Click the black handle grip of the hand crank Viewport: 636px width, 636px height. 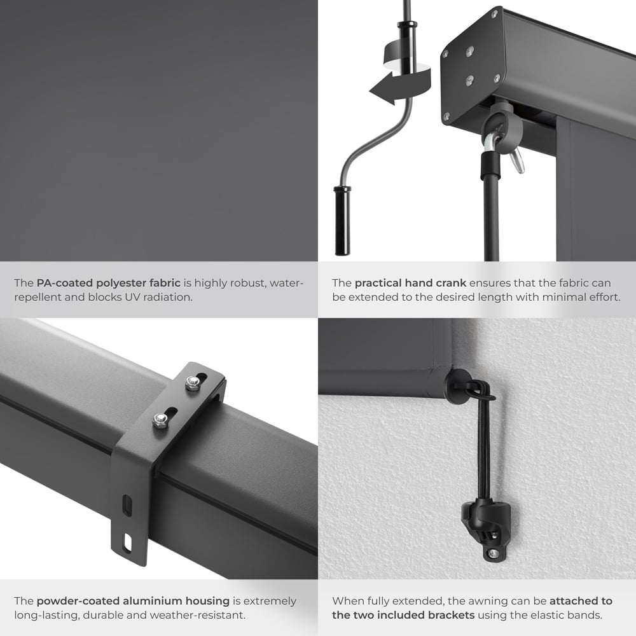(x=342, y=221)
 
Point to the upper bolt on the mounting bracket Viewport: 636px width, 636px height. (x=192, y=383)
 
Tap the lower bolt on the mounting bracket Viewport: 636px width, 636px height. (x=161, y=420)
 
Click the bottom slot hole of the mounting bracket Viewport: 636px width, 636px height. (x=128, y=542)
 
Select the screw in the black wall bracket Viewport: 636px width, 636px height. (x=492, y=554)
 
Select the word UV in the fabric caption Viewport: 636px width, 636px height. (x=134, y=297)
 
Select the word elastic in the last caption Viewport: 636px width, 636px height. (x=550, y=615)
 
